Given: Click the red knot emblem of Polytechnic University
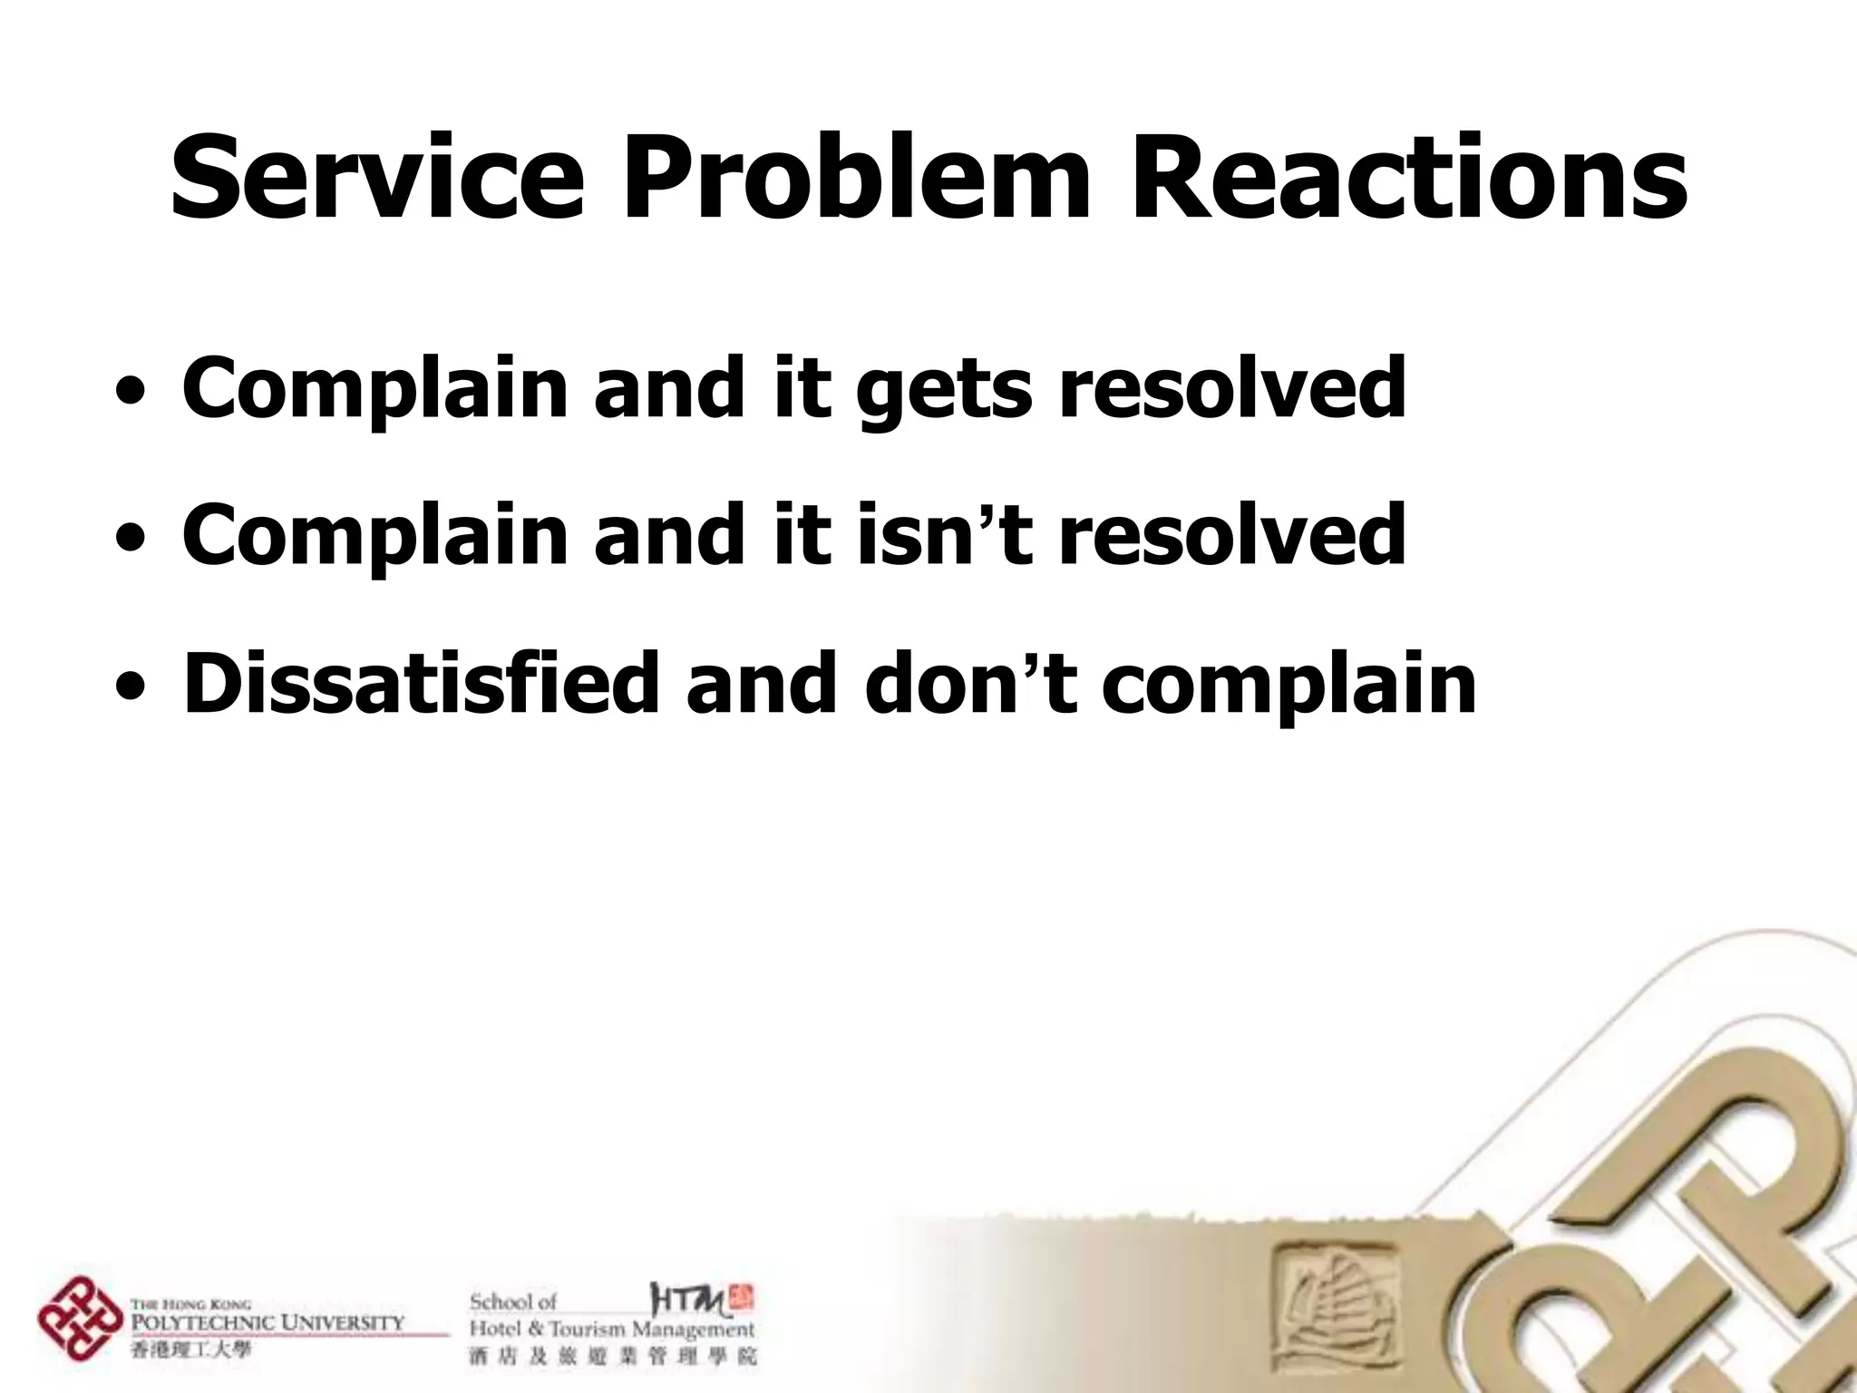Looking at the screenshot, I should [x=80, y=1319].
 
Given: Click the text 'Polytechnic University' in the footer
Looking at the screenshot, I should [x=267, y=1321].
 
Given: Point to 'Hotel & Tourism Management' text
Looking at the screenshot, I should [x=611, y=1330].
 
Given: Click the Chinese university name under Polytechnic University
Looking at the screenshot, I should [x=190, y=1350].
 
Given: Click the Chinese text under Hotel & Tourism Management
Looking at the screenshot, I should [x=612, y=1357].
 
